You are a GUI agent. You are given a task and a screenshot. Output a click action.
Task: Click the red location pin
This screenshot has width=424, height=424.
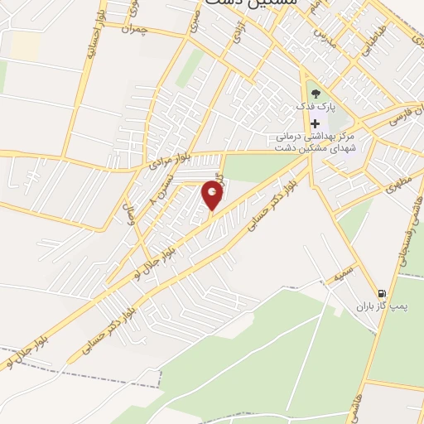[213, 196]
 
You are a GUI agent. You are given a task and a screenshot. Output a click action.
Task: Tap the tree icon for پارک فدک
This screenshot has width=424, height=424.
[314, 92]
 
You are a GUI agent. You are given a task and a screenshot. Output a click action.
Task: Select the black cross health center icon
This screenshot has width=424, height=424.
[315, 123]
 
